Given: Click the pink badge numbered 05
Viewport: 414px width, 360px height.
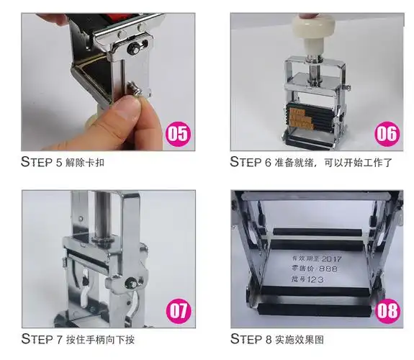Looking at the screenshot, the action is (x=178, y=134).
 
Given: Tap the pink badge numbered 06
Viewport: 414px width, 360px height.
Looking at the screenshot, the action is (x=387, y=134).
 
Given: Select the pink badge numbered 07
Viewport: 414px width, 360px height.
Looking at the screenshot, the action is (x=179, y=311).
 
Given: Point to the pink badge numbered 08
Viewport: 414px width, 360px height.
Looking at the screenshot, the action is (x=387, y=311).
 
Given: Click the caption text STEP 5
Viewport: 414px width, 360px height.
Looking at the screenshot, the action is (x=41, y=162).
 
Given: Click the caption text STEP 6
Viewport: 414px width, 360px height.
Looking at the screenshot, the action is (x=251, y=162).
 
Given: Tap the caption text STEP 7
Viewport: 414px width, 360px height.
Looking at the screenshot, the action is (x=42, y=339).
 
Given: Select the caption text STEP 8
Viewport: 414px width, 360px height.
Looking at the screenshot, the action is (x=251, y=339).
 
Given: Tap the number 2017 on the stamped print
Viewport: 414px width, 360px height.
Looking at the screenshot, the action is (x=332, y=259).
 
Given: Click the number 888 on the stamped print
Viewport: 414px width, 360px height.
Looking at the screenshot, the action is (x=328, y=269).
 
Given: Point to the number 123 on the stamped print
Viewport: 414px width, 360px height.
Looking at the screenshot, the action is (x=315, y=279).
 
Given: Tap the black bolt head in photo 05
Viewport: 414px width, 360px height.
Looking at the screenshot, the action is (x=132, y=48).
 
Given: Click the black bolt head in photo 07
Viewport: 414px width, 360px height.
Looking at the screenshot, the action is (x=131, y=283).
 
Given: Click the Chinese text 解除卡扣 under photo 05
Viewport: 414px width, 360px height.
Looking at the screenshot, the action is (x=85, y=163).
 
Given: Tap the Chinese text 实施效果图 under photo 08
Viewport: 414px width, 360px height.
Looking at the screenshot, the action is (x=300, y=339).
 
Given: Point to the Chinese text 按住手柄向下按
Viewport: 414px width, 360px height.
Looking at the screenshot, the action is (x=100, y=339).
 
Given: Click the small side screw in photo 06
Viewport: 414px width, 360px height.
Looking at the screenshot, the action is (x=348, y=86).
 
